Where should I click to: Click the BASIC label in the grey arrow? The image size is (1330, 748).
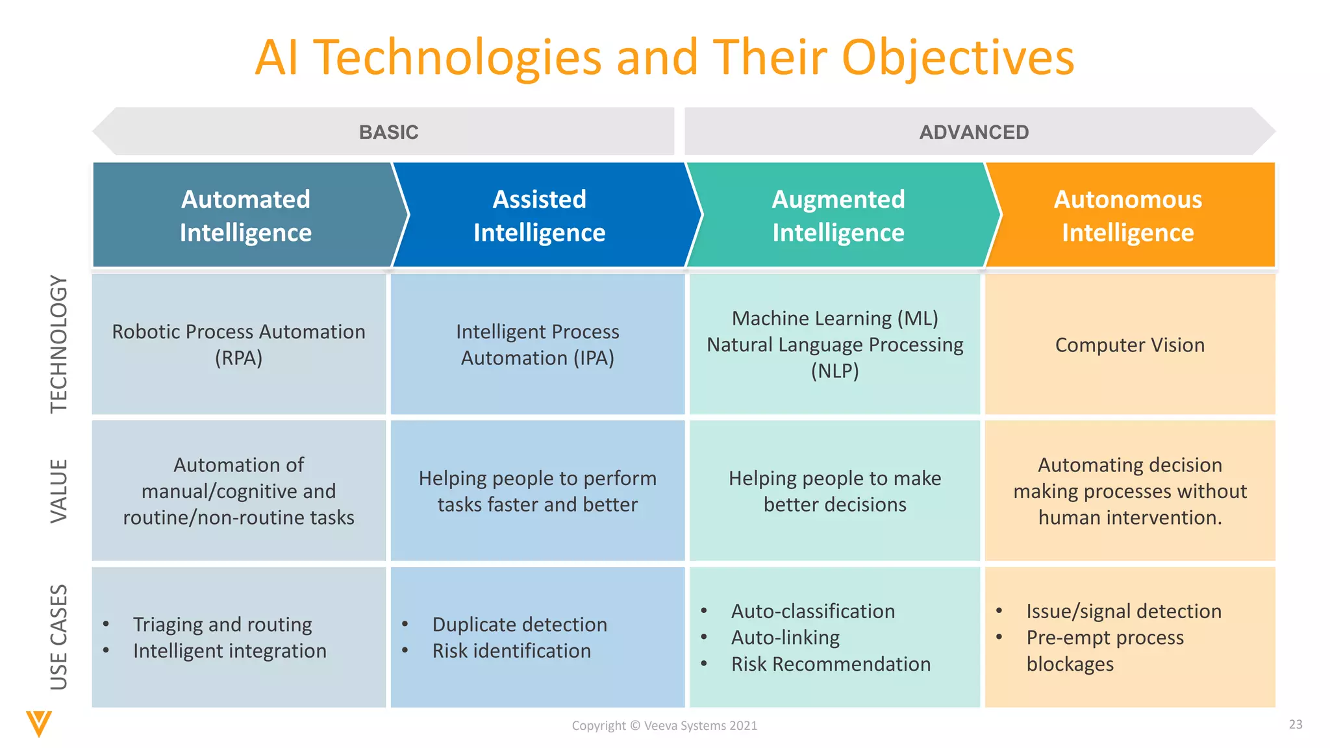click(x=388, y=132)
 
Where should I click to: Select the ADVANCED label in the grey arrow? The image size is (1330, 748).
click(x=973, y=132)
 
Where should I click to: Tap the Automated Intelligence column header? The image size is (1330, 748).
click(x=245, y=216)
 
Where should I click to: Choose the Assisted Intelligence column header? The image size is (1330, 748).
click(x=539, y=216)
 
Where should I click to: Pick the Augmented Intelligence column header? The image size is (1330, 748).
click(x=838, y=216)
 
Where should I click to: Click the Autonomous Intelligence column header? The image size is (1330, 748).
click(x=1127, y=216)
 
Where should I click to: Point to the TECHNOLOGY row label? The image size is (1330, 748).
click(x=59, y=343)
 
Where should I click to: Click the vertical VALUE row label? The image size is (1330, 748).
click(x=59, y=490)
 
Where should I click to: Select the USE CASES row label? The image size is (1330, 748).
click(x=59, y=637)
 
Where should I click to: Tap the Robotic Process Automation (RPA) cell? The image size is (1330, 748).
click(x=238, y=345)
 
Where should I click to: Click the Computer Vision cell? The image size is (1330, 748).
click(x=1129, y=345)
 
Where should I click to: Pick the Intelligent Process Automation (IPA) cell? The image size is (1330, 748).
click(x=537, y=345)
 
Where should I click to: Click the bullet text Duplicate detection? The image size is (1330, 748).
click(x=520, y=625)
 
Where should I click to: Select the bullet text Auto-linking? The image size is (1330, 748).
click(x=785, y=638)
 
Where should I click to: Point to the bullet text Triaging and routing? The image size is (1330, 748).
click(x=222, y=625)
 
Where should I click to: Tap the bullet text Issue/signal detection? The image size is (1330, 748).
click(x=1123, y=611)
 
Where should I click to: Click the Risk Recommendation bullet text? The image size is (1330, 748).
click(x=831, y=664)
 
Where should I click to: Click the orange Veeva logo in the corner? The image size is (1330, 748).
click(x=39, y=723)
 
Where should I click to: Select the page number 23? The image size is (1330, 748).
click(x=1296, y=725)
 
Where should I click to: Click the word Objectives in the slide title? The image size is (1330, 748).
click(x=958, y=57)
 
